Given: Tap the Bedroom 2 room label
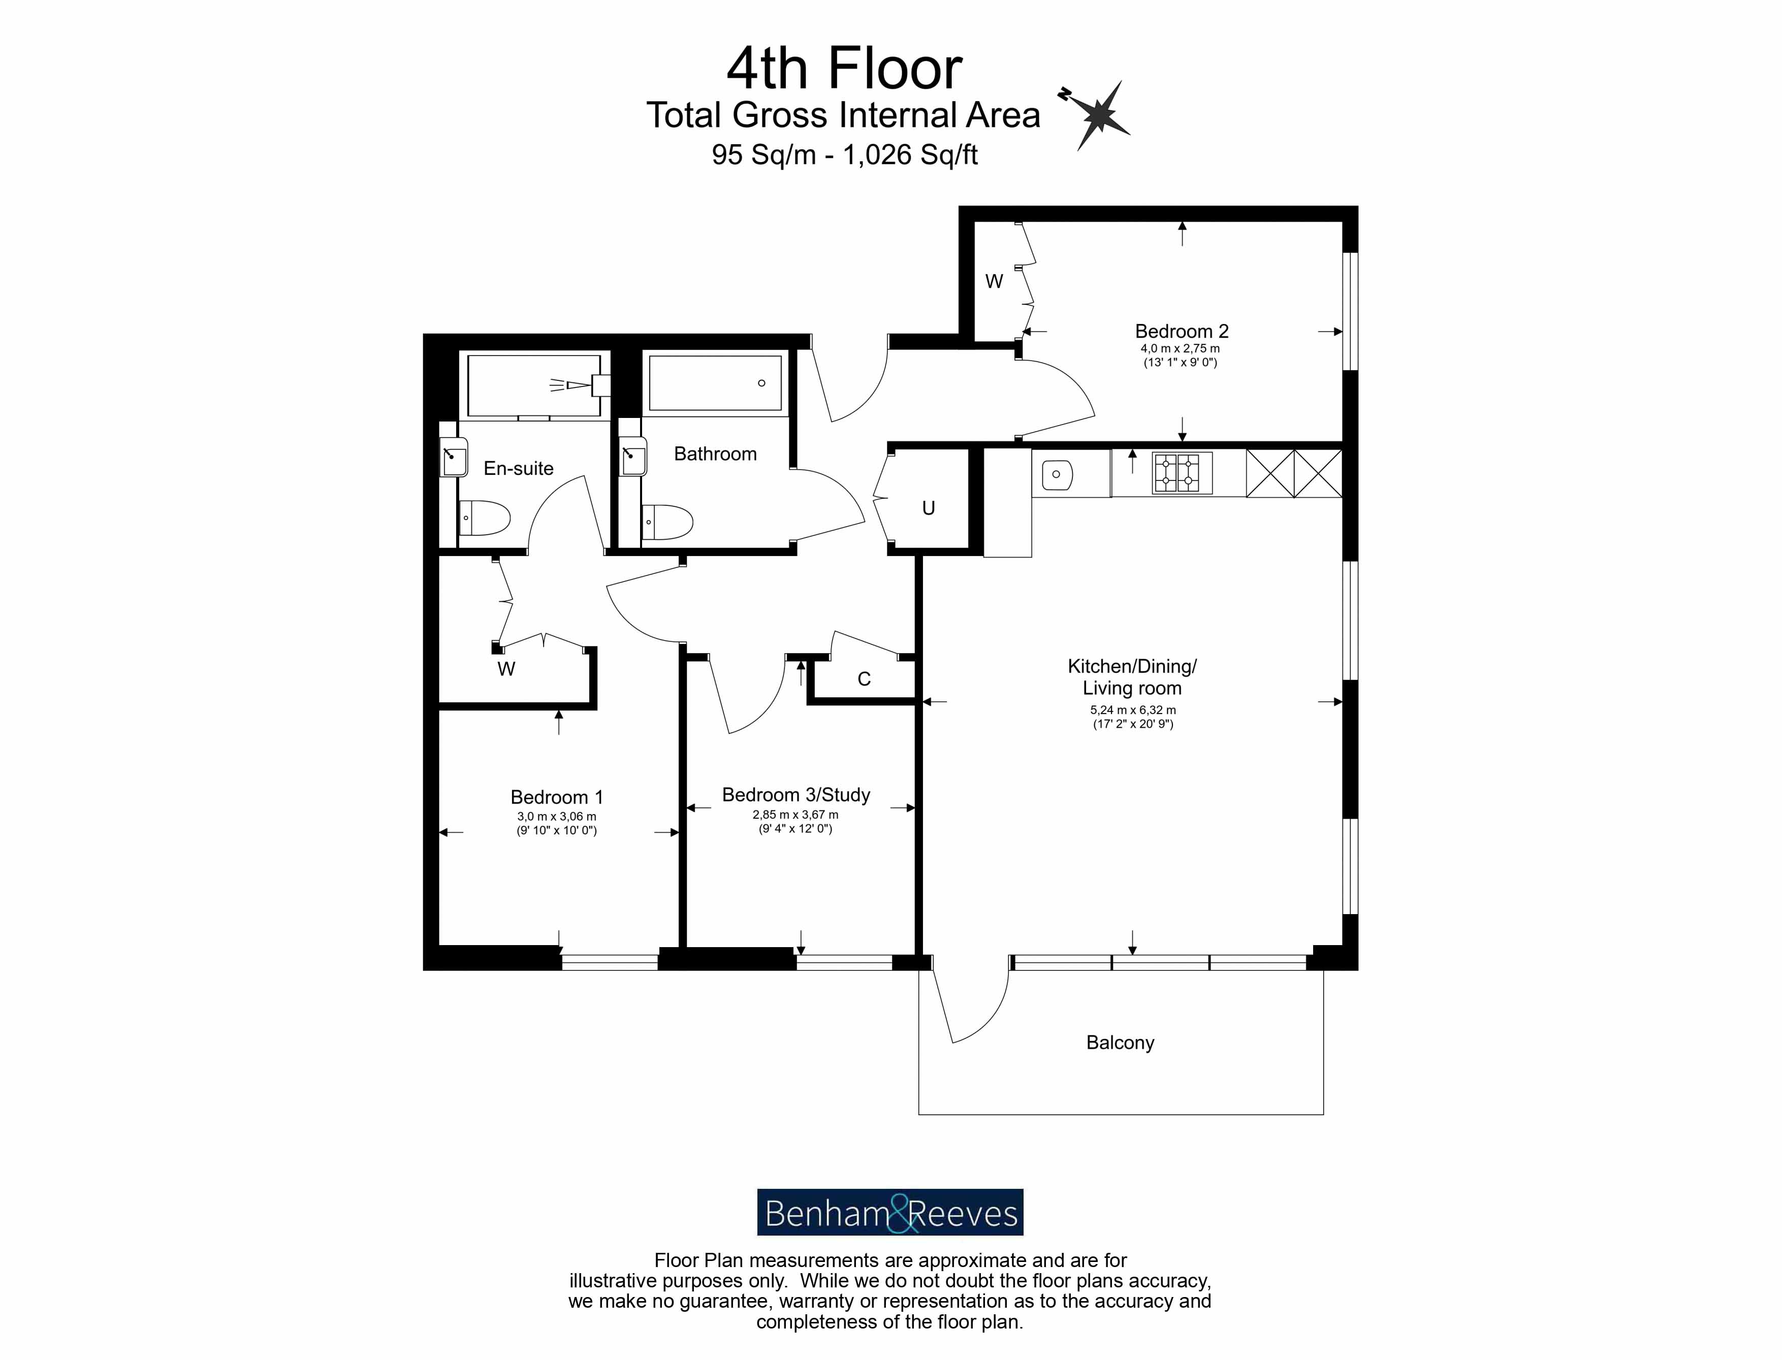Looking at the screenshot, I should click(x=1181, y=331).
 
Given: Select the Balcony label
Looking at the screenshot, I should click(x=1120, y=1043).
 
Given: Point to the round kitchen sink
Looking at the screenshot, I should click(x=1057, y=474).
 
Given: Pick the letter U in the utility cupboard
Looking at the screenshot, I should click(x=929, y=508).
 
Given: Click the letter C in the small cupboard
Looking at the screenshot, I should click(x=864, y=679).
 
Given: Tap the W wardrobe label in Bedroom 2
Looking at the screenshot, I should click(x=994, y=282).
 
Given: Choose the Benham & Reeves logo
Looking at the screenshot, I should click(x=890, y=1212).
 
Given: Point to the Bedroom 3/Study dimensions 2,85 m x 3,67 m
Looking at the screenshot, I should click(x=795, y=815).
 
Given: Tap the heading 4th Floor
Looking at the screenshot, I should click(x=844, y=68).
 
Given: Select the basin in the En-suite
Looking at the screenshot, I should click(x=454, y=459).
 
